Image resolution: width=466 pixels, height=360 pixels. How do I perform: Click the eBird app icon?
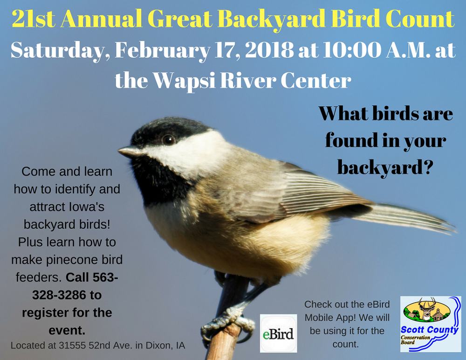click(278, 333)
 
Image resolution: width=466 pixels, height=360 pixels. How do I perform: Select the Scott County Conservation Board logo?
click(431, 324)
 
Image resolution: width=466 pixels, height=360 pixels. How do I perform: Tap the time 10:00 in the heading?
click(347, 50)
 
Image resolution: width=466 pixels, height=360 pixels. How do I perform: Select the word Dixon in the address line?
click(156, 346)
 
